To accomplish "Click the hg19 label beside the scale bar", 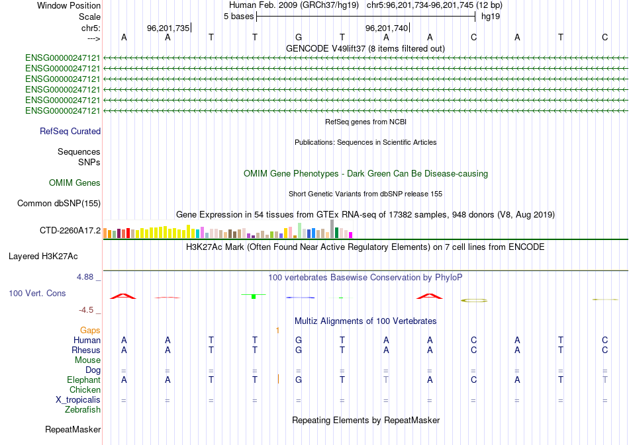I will (x=491, y=16).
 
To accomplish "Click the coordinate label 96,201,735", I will (x=168, y=28).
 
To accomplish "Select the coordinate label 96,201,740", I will (x=387, y=28).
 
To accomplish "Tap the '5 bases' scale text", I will (x=238, y=16).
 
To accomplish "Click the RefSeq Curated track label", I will (x=70, y=131).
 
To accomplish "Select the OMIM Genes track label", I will (x=75, y=182).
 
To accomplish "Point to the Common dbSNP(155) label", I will (x=58, y=204).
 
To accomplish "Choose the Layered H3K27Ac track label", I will (x=43, y=256).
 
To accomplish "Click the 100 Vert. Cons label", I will (x=37, y=293).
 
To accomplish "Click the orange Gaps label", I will (x=90, y=329).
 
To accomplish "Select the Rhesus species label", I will (x=86, y=350).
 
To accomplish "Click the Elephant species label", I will (x=83, y=380).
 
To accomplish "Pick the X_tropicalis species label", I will (x=78, y=399).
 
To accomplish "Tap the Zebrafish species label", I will (x=83, y=410).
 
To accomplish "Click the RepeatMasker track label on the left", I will (x=73, y=430).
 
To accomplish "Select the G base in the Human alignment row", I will (x=299, y=340).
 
